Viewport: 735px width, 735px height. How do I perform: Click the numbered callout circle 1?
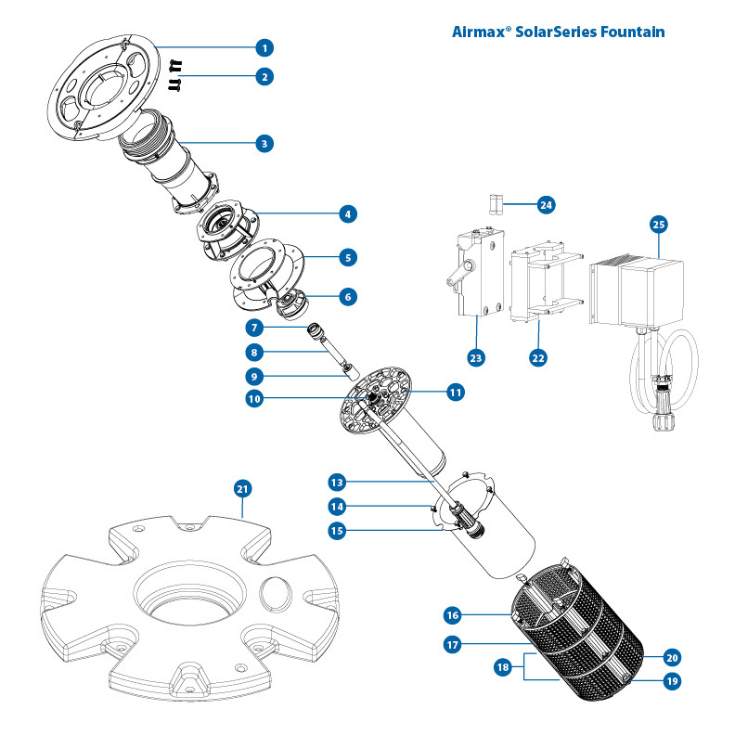pyautogui.click(x=264, y=46)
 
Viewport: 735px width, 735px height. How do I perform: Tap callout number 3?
pyautogui.click(x=264, y=144)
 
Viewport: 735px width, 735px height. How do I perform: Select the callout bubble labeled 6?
pyautogui.click(x=347, y=297)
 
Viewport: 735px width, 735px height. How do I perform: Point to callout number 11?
pyautogui.click(x=455, y=392)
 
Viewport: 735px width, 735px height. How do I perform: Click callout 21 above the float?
pyautogui.click(x=242, y=488)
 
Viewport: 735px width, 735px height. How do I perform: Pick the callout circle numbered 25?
pyautogui.click(x=658, y=224)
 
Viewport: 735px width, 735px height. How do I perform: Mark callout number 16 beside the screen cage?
pyautogui.click(x=452, y=615)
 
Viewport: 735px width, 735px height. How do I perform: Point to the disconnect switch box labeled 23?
pyautogui.click(x=477, y=275)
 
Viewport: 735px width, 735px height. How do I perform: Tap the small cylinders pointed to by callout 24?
pyautogui.click(x=496, y=204)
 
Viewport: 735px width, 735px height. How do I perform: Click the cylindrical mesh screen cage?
pyautogui.click(x=580, y=640)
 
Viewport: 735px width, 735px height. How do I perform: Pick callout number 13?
pyautogui.click(x=337, y=482)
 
